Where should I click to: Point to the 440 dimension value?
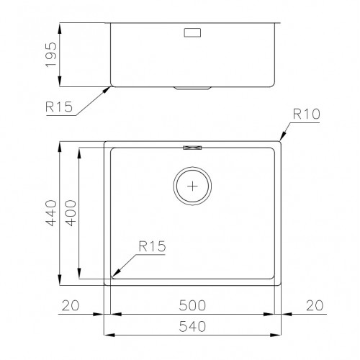pos(50,213)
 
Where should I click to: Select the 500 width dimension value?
pos(192,305)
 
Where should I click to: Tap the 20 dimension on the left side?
pos(71,305)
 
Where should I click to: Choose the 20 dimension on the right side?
pos(314,305)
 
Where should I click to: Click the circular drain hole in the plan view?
pos(192,186)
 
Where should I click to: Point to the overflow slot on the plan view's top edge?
pos(193,147)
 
